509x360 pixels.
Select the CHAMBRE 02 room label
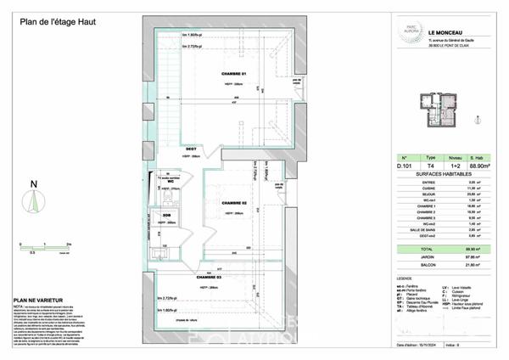coord(233,205)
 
